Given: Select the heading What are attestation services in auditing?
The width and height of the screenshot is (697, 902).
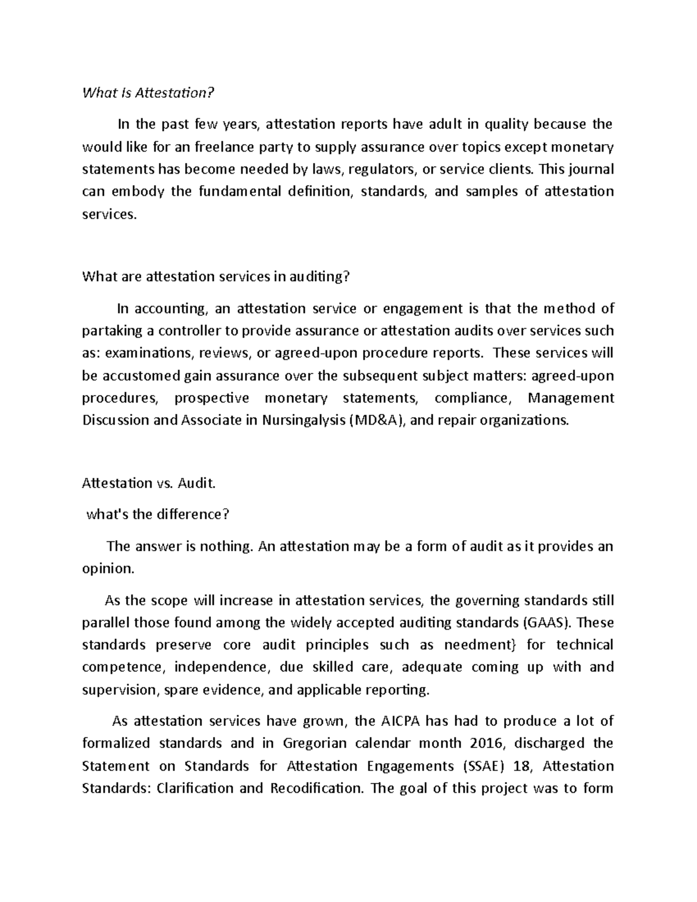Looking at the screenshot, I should (217, 276).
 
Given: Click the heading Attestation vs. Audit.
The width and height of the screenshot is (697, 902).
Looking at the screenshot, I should (149, 483).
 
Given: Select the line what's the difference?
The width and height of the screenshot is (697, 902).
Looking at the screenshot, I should (157, 514).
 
